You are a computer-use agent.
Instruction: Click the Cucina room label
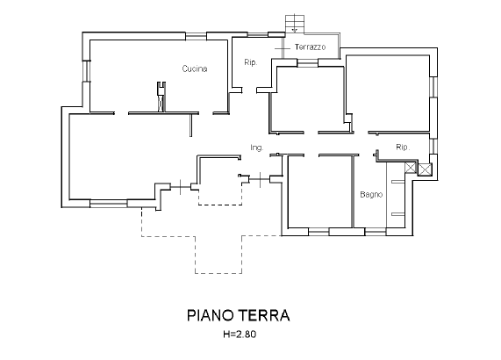click(x=195, y=68)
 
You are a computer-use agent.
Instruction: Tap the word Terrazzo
click(x=311, y=47)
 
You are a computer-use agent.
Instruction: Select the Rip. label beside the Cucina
click(x=251, y=62)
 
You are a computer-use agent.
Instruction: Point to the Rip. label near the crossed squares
click(x=403, y=147)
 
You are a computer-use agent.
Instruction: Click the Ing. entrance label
click(x=257, y=148)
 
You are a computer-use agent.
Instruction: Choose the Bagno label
click(x=371, y=194)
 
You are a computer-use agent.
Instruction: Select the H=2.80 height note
click(x=240, y=335)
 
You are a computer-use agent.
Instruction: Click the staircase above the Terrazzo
click(x=295, y=24)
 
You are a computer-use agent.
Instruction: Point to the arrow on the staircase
click(x=295, y=28)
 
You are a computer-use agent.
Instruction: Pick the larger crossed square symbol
click(x=425, y=169)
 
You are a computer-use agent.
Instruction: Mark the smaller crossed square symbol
click(x=411, y=168)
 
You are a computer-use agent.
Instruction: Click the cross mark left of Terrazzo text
click(x=283, y=48)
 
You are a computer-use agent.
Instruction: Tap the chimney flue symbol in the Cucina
click(x=161, y=97)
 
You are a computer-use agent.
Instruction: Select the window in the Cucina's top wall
click(x=196, y=36)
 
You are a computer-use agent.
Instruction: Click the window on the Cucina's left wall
click(x=86, y=71)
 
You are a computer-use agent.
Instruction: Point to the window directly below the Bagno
click(x=376, y=232)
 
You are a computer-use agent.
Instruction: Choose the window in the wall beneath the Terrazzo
click(x=308, y=63)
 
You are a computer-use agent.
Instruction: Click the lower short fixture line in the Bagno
click(x=398, y=214)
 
